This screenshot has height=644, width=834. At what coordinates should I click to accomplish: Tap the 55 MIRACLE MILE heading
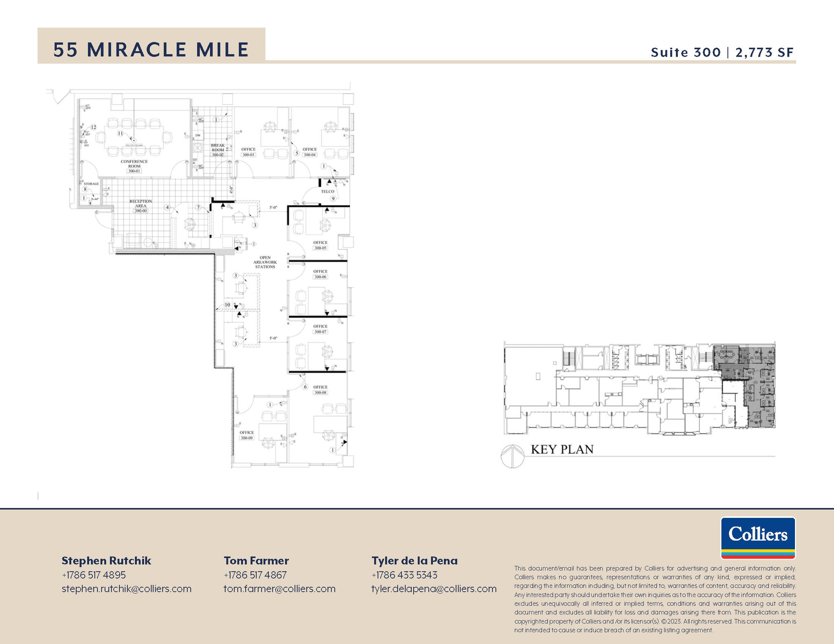click(151, 50)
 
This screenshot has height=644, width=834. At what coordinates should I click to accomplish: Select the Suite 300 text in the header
click(685, 52)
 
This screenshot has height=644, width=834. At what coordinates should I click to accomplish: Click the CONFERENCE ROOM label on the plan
click(134, 166)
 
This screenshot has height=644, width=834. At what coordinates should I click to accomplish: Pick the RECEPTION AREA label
click(140, 206)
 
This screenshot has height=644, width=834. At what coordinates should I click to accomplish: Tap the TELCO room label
click(327, 191)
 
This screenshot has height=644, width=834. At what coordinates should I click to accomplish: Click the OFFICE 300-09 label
click(246, 435)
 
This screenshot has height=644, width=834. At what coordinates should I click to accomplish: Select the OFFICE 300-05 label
click(320, 245)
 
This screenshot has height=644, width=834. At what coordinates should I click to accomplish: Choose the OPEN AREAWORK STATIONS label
click(265, 262)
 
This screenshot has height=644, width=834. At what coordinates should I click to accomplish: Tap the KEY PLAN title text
click(562, 449)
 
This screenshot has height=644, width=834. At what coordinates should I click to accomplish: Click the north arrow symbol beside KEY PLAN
click(512, 456)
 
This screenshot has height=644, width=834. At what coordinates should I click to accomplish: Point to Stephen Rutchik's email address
click(126, 589)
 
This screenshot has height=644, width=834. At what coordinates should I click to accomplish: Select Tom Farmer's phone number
click(255, 575)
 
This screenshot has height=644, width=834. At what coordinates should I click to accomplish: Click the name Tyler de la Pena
click(414, 561)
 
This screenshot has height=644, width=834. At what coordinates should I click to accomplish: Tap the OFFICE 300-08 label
click(320, 390)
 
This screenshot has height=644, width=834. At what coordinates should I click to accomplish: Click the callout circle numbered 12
click(93, 127)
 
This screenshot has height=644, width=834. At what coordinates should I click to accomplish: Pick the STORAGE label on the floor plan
click(91, 184)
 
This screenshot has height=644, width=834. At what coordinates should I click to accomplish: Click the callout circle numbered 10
click(227, 305)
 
